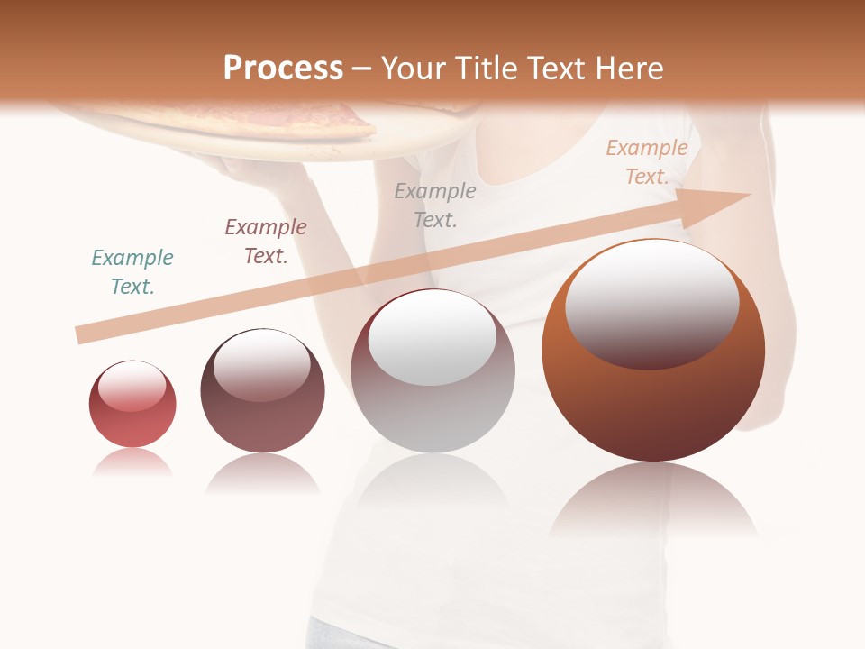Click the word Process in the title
pos(283,69)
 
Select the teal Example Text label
pos(132,272)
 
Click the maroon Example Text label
pos(266,242)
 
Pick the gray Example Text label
pos(435,206)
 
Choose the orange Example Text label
pos(647,162)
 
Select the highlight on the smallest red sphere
pos(132,387)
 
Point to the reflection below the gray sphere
pos(432,487)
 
